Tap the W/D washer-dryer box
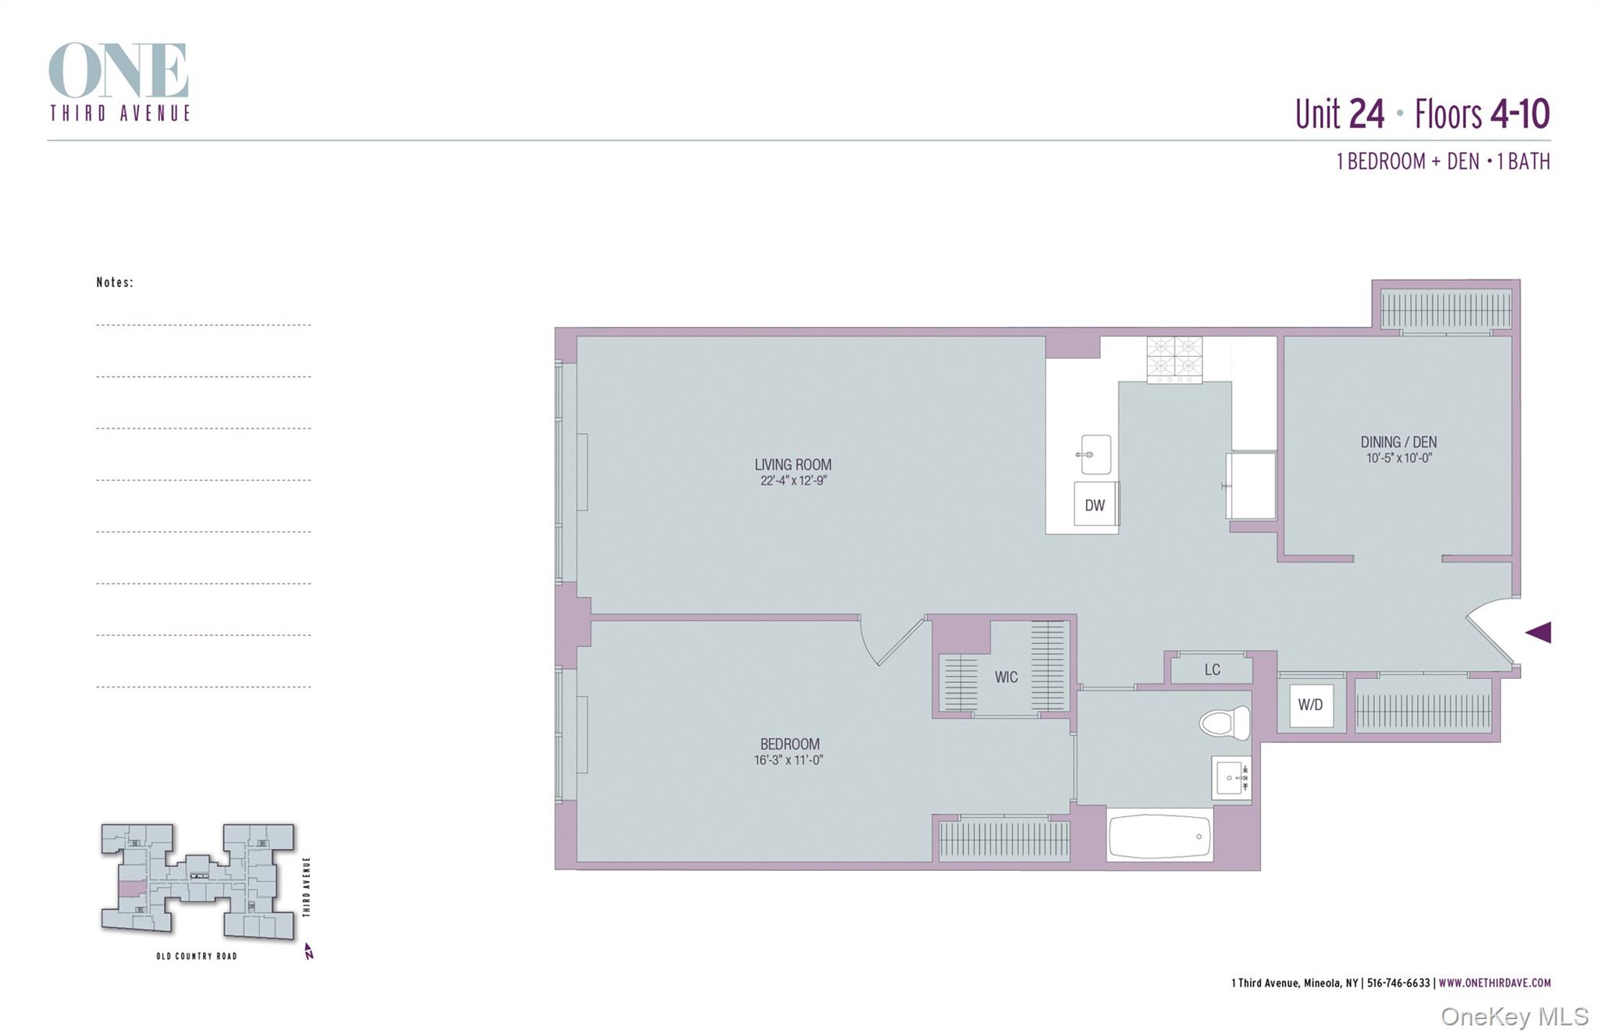click(x=1311, y=705)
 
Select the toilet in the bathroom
click(x=1225, y=723)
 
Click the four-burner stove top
click(x=1174, y=360)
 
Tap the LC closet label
click(x=1212, y=670)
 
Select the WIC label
click(x=1006, y=677)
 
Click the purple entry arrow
click(x=1538, y=632)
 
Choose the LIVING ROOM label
click(x=793, y=464)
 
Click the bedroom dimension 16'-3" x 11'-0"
click(x=789, y=760)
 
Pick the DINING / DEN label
click(x=1398, y=442)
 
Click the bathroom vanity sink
click(x=1230, y=778)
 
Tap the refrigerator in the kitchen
click(x=1251, y=485)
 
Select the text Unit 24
click(x=1340, y=114)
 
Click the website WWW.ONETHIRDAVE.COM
click(x=1494, y=983)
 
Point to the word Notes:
click(x=115, y=282)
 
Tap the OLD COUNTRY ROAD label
click(x=197, y=956)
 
